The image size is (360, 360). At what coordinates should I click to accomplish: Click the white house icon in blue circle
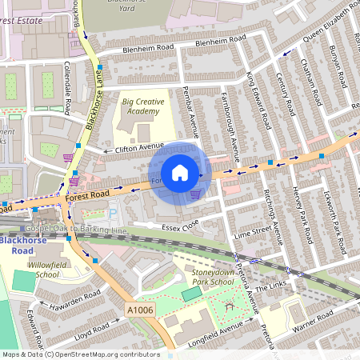click(x=180, y=173)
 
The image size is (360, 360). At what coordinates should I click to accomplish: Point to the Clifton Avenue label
click(x=130, y=148)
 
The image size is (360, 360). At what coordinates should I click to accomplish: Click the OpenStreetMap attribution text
click(x=80, y=354)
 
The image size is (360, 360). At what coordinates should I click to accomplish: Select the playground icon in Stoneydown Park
click(x=232, y=306)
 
